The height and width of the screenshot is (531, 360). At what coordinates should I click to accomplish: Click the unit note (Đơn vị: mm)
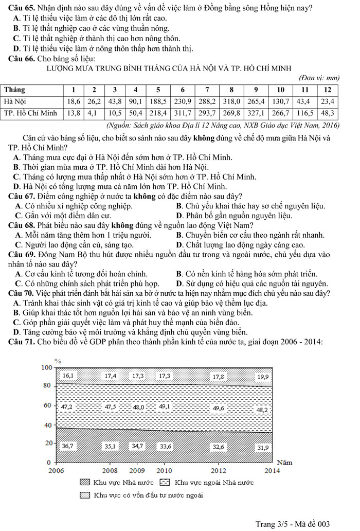319,78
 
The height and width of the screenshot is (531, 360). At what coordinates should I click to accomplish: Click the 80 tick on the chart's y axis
47,386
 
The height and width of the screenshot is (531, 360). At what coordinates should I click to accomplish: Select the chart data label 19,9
263,377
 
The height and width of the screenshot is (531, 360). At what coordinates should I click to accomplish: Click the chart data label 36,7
67,446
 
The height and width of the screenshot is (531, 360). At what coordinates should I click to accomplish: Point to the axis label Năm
284,462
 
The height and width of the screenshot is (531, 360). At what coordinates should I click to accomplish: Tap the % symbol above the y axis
58,361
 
